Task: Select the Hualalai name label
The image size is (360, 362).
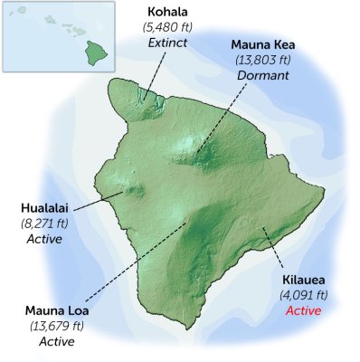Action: click(x=43, y=206)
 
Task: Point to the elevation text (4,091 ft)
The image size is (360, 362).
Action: click(x=304, y=295)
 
